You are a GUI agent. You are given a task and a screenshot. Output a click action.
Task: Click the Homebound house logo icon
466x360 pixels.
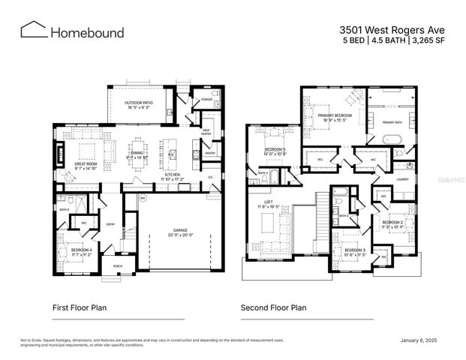[x=33, y=30]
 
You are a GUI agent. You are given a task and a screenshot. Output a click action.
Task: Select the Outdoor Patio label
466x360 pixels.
[x=139, y=103]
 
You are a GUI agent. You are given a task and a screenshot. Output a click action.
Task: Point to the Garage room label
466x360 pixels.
[x=180, y=232]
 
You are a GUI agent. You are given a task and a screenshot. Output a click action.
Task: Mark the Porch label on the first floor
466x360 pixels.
[x=117, y=265]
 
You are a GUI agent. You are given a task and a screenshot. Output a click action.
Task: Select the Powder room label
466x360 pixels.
[x=206, y=100]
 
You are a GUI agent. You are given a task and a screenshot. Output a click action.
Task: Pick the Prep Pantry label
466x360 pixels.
[x=206, y=132]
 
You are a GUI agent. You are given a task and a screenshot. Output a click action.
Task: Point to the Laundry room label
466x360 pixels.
[x=402, y=179]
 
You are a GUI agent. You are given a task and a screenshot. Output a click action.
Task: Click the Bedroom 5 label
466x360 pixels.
[x=275, y=150]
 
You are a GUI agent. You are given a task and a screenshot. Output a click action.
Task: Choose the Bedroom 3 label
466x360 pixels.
[x=355, y=249]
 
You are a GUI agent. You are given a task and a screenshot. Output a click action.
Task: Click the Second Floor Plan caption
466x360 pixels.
[x=273, y=307]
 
